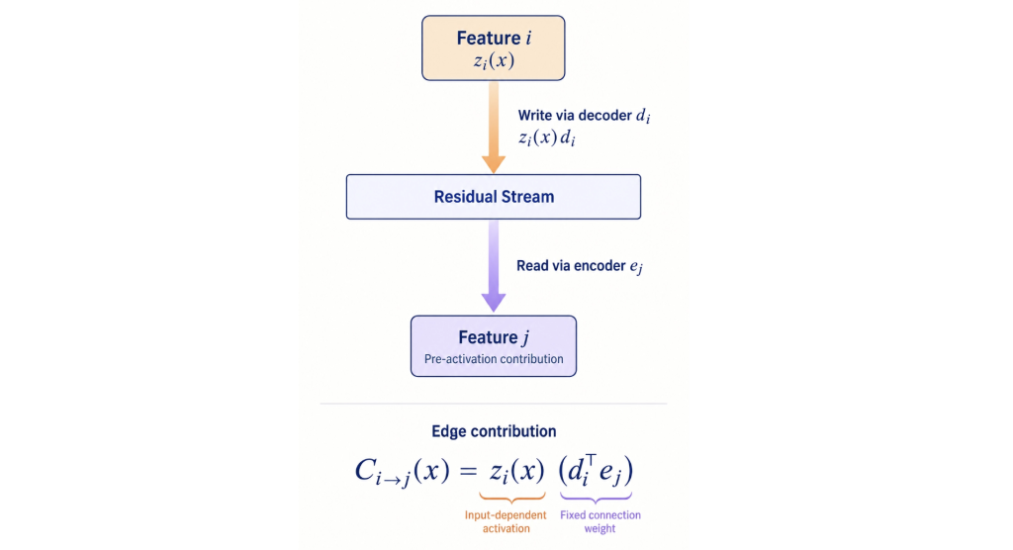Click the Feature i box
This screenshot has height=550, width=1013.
coord(493,47)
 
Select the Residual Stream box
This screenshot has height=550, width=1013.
coord(494,197)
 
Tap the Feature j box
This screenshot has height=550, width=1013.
coord(494,346)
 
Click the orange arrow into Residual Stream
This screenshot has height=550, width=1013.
coord(494,128)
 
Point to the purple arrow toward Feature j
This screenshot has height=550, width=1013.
coord(494,266)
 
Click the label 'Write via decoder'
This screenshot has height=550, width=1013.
coord(575,115)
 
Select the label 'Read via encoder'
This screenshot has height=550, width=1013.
coord(571,266)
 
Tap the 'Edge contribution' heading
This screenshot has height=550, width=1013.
coord(494,431)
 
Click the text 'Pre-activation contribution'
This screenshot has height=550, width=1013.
coord(494,359)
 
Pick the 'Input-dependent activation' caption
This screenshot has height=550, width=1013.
coord(506,521)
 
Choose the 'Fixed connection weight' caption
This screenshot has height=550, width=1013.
coord(600,521)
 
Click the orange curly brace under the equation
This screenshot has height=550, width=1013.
coord(511,498)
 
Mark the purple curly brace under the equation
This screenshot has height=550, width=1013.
coord(596,498)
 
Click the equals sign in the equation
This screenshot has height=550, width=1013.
coord(468,472)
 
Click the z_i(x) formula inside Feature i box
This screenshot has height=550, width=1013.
coord(494,60)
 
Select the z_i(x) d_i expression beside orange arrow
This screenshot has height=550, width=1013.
coord(546,137)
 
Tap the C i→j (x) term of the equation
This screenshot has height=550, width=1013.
coord(402,472)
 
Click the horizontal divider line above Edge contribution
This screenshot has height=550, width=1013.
coord(494,404)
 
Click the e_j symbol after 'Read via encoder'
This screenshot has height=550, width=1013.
coord(636,267)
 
